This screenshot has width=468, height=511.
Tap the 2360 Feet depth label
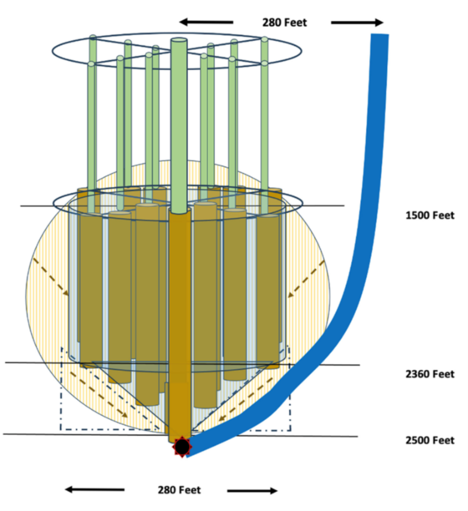click(x=430, y=374)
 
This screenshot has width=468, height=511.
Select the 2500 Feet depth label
click(x=430, y=440)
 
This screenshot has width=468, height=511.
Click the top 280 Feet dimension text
click(x=284, y=23)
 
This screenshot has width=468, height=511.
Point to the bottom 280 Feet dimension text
click(x=179, y=490)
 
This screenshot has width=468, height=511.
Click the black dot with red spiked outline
click(x=182, y=446)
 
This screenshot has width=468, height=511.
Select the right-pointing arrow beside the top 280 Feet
click(x=357, y=23)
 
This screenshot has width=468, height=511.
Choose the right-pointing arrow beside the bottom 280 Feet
click(x=252, y=490)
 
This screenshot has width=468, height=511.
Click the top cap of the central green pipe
click(x=179, y=40)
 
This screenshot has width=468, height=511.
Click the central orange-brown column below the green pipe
click(x=179, y=324)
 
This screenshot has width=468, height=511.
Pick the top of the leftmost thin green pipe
click(x=93, y=38)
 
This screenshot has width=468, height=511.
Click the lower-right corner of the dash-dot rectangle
click(x=291, y=429)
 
